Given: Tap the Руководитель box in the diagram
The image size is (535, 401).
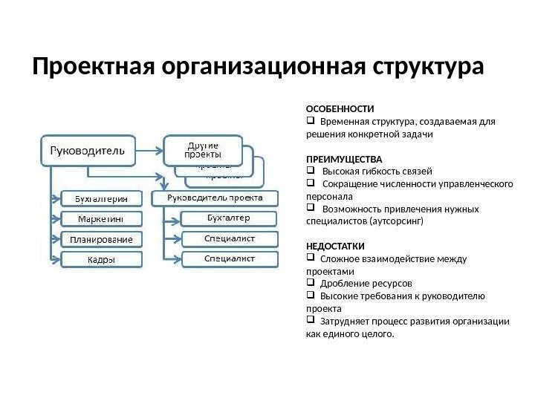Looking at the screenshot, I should coord(87,154).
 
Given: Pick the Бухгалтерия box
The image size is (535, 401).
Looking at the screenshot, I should coord(99,198).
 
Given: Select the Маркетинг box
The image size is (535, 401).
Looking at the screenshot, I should coord(99,218).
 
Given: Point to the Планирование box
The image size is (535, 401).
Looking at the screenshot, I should coord(99,239).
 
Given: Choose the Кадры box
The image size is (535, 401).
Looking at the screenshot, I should coord(99,259).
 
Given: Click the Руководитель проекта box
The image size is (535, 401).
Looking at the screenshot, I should coord(215,198).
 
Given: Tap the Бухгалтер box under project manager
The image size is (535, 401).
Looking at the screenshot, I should coord(229,218).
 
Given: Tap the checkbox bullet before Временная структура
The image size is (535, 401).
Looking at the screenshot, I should coord(310,122).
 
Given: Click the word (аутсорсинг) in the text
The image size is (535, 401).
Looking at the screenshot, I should coord(397,221).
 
